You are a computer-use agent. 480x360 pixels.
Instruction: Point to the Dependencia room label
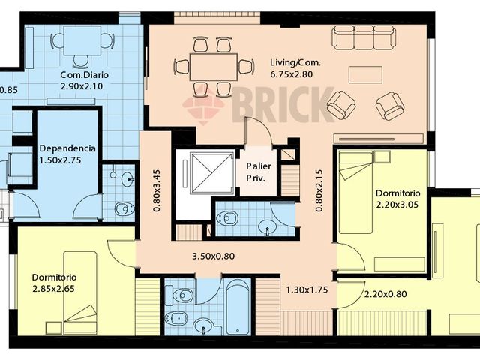(67, 148)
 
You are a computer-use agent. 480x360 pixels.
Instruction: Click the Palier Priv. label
(259, 172)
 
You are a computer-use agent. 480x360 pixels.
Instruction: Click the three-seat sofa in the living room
(364, 37)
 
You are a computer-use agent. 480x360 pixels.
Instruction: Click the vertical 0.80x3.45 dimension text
(157, 193)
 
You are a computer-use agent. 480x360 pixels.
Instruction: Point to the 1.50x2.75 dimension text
(67, 161)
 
